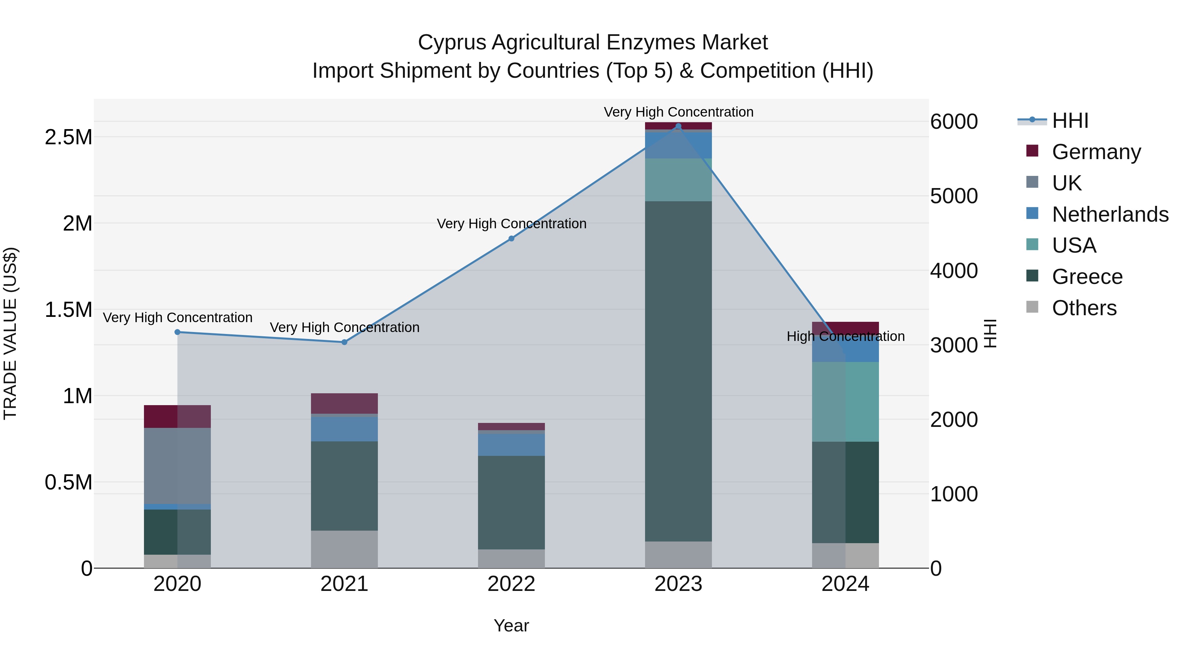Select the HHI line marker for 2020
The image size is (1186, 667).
tap(177, 332)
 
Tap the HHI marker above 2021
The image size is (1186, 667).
tap(344, 342)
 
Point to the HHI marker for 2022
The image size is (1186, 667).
tap(511, 238)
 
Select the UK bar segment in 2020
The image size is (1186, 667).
tap(177, 466)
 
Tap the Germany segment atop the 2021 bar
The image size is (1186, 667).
tap(344, 403)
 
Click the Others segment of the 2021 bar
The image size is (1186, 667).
tap(344, 549)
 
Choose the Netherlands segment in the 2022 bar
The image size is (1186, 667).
tap(511, 445)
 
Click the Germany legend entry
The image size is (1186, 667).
tap(1096, 152)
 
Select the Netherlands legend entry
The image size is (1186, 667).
tap(1110, 214)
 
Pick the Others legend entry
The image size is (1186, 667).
tap(1084, 308)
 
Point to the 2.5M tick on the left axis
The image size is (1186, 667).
tap(69, 137)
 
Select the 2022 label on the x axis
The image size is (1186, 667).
tap(511, 584)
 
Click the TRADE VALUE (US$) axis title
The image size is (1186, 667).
tap(10, 333)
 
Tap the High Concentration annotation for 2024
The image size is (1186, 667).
tap(845, 337)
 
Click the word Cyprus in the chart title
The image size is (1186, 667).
tap(452, 42)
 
